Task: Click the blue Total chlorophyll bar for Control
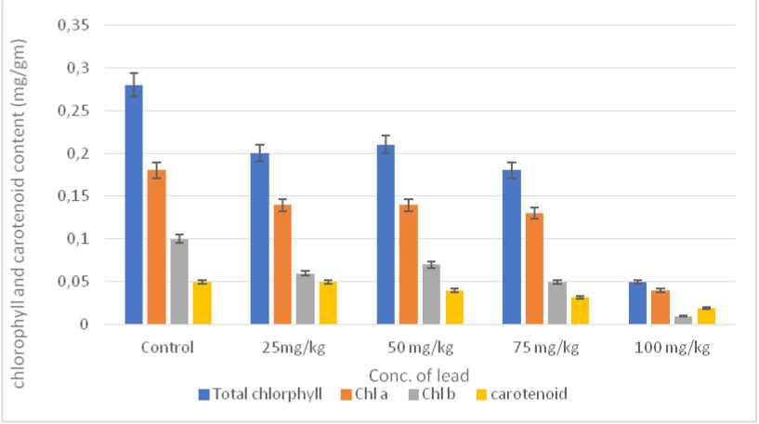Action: click(x=134, y=205)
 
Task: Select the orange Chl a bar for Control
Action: click(x=156, y=247)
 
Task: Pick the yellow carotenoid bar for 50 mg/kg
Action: click(x=453, y=307)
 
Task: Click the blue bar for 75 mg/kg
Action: click(x=512, y=247)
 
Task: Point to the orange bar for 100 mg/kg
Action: click(x=661, y=307)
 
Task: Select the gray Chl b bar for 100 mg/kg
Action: click(x=683, y=320)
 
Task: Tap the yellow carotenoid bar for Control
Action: click(x=202, y=303)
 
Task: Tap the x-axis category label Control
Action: click(x=168, y=349)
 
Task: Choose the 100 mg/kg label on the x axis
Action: click(x=673, y=349)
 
